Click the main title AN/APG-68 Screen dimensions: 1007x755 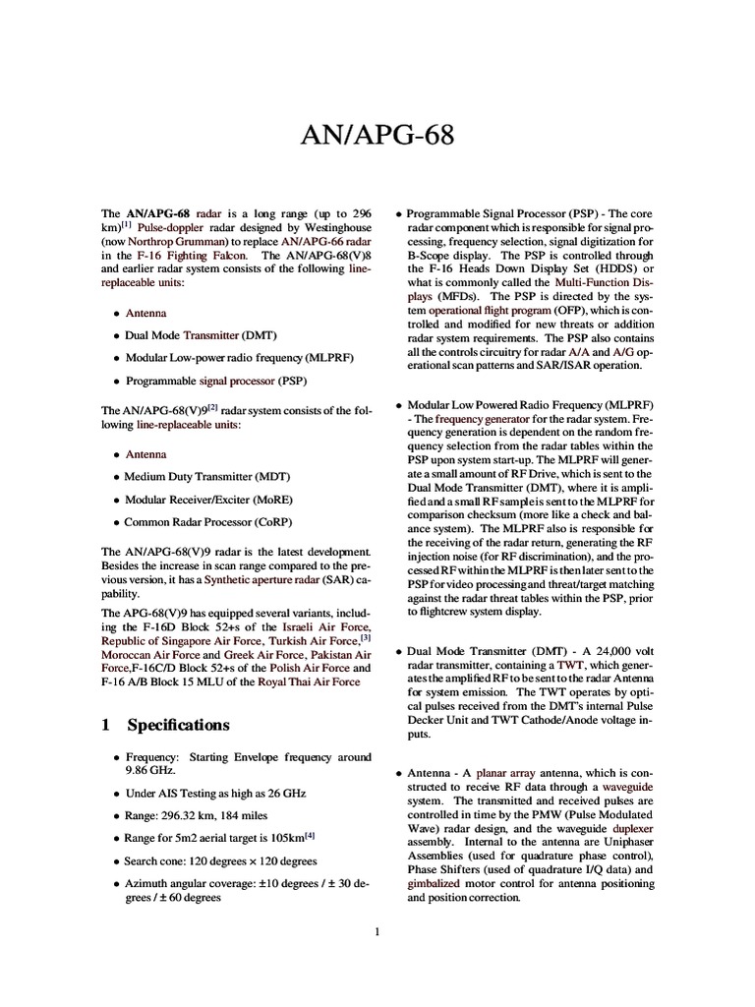coord(377,135)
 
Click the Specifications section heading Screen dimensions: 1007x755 coord(178,725)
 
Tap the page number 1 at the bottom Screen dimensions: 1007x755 coord(377,933)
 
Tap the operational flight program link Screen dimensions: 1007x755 coord(491,310)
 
